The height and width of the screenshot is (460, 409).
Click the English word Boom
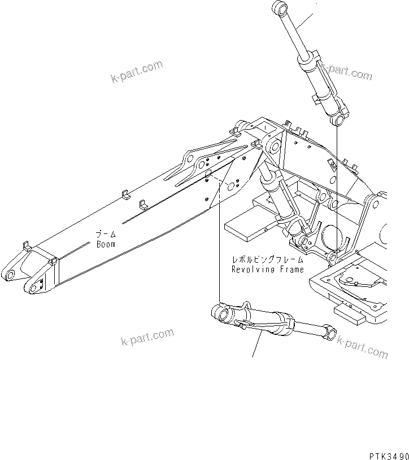pos(106,244)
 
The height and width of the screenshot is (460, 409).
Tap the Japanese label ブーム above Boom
pos(106,235)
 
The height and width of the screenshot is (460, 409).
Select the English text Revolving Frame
pos(268,269)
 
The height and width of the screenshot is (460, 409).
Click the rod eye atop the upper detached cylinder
pos(280,8)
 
